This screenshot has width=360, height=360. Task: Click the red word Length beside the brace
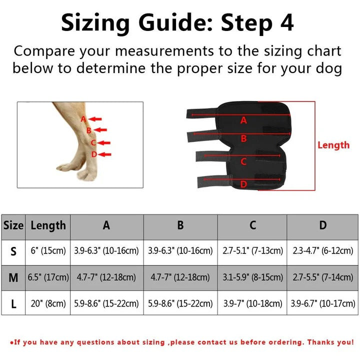click(x=333, y=145)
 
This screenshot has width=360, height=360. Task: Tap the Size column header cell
click(x=13, y=225)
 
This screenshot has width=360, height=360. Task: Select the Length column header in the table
click(x=48, y=225)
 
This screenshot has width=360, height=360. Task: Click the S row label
click(x=13, y=251)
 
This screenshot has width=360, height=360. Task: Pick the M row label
click(x=13, y=277)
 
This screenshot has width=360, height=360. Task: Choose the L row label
click(x=13, y=303)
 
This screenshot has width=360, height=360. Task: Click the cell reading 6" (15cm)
click(x=48, y=251)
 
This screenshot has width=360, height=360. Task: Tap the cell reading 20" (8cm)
click(x=48, y=303)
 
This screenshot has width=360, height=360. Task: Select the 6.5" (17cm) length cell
click(x=48, y=277)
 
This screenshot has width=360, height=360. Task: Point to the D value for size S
click(x=323, y=251)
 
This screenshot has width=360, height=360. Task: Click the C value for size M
click(x=252, y=277)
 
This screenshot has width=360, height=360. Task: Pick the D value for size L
click(x=323, y=303)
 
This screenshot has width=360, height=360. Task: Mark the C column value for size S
click(x=252, y=251)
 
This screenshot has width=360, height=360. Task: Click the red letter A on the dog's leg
click(x=83, y=119)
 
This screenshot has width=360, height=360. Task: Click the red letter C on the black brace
click(x=243, y=161)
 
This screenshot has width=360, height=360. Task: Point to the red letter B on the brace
click(x=243, y=138)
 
